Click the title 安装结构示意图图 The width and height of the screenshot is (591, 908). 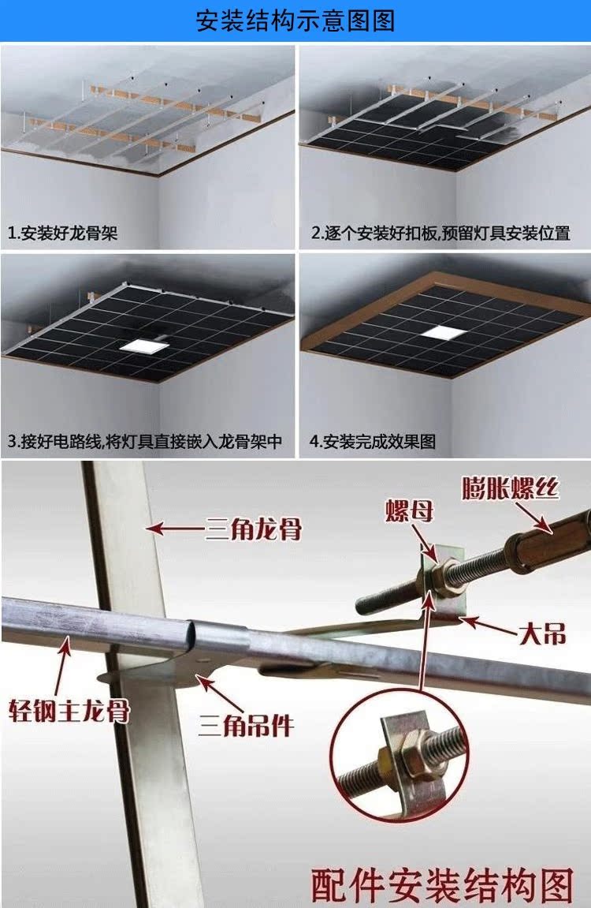click(x=295, y=21)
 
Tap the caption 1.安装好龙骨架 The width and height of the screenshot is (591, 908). click(x=63, y=234)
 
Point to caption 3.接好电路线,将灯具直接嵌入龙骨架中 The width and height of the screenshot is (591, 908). click(x=145, y=442)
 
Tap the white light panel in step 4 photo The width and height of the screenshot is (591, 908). click(x=441, y=333)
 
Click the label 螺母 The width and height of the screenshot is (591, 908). click(x=409, y=512)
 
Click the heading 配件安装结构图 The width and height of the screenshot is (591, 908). click(x=441, y=884)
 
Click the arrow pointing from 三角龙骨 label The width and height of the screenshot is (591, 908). click(x=173, y=527)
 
